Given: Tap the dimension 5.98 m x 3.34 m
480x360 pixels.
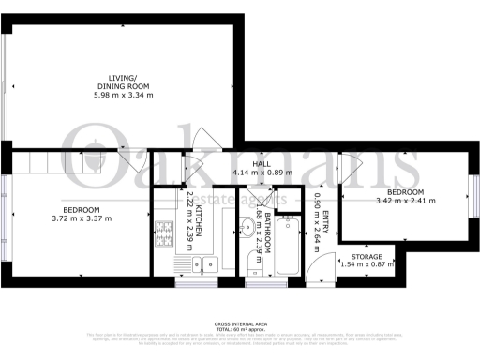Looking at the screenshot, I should [123, 95].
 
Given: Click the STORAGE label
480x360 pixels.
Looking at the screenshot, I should [367, 256].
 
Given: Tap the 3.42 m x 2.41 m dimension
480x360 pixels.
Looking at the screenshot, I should [407, 201].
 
